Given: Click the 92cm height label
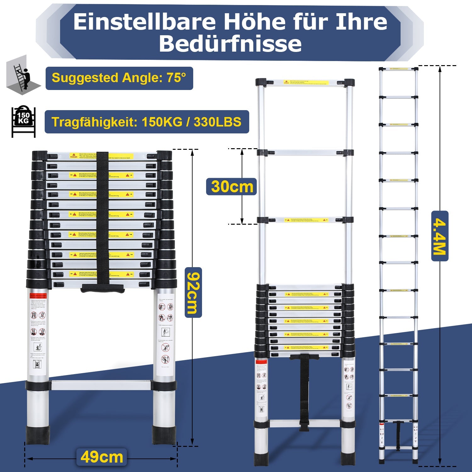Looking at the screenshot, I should pos(193,292).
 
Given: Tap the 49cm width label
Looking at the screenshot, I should pos(102,457).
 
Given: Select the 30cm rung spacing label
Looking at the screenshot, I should pos(232,187).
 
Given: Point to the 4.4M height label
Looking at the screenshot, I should pos(440,236).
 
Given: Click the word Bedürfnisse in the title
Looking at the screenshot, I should pos(230,44).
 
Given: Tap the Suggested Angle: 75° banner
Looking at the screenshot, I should pos(119,78).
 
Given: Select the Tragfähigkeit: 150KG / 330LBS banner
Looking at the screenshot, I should pos(147,122).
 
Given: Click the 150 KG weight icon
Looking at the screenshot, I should pos(23,121).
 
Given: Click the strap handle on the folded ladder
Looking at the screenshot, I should pos(102,288).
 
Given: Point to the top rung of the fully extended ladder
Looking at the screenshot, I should pos(398,69).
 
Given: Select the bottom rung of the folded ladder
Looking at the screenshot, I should pos(101,385).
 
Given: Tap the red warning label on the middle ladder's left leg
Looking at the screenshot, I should pos(261,362).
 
